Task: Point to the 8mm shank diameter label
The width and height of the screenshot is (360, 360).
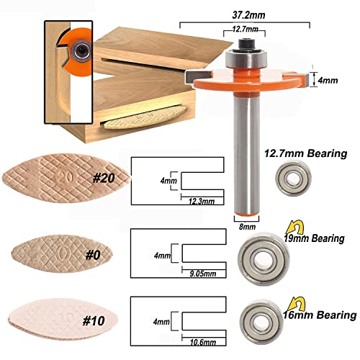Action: [x=247, y=225]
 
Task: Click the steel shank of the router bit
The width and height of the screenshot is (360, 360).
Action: [x=247, y=158]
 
